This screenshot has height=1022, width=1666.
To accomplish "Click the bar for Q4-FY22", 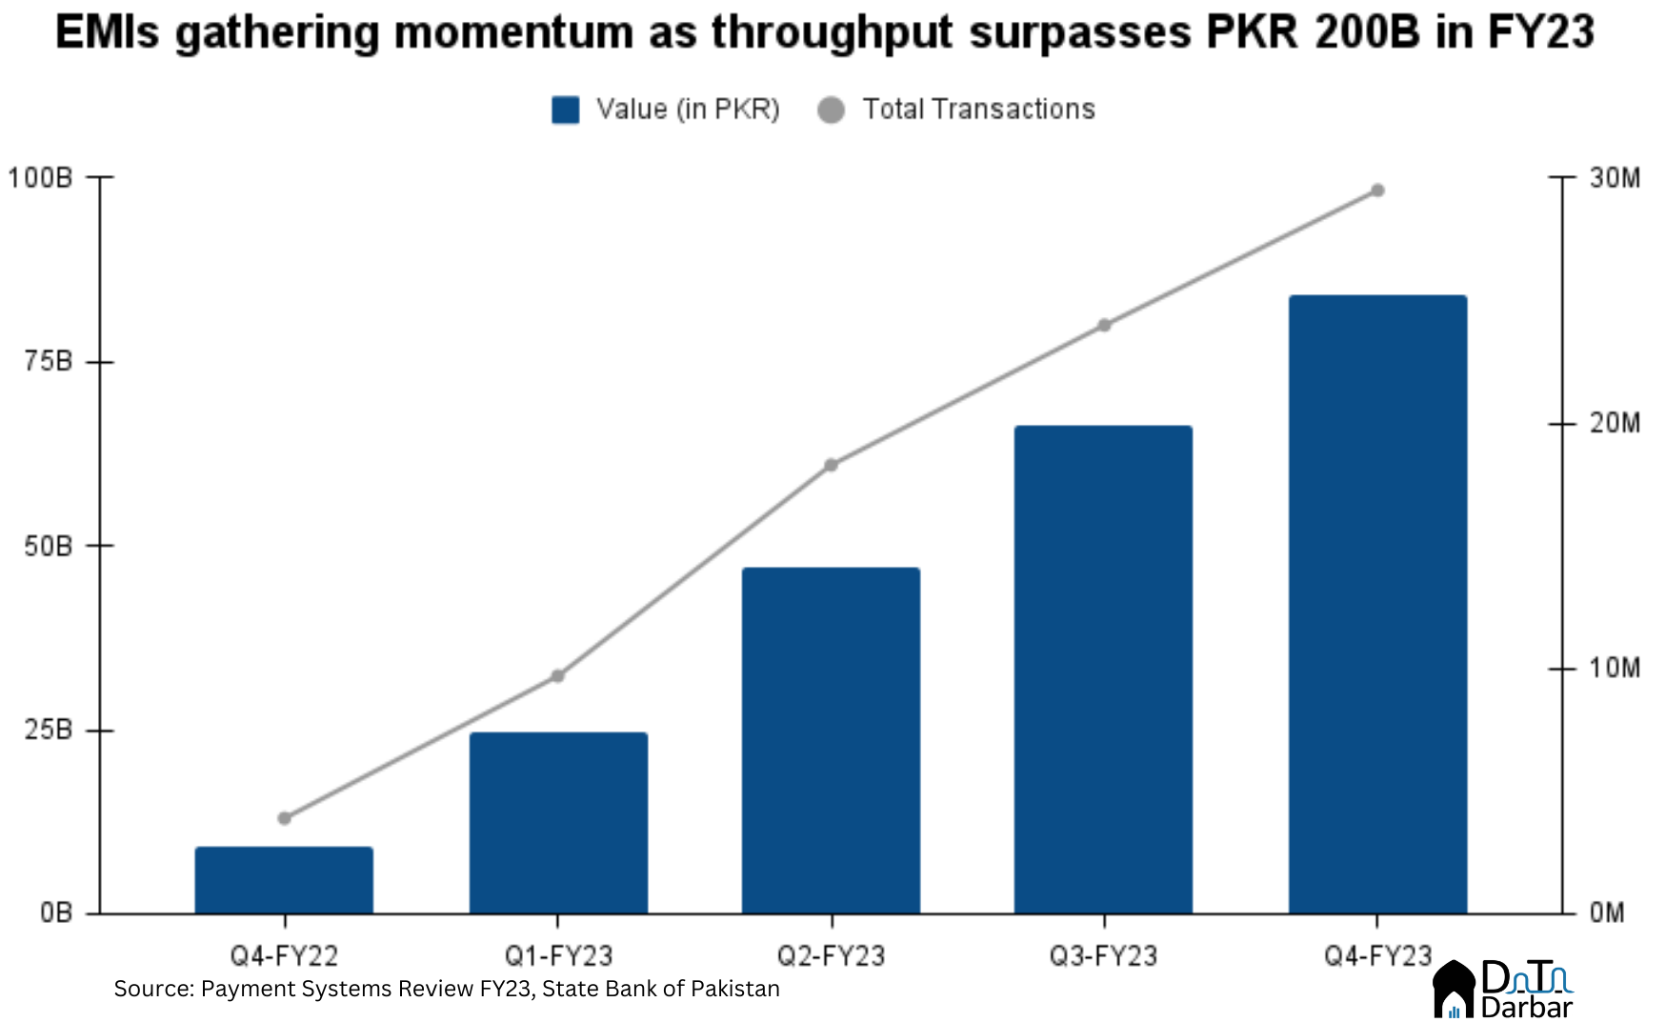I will tap(284, 880).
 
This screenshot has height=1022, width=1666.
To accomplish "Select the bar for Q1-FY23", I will tap(558, 823).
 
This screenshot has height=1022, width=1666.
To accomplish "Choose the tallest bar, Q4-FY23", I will tap(1377, 604).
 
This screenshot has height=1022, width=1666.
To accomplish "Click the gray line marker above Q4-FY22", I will tap(284, 818).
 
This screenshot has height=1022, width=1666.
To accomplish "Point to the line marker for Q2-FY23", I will tap(831, 465).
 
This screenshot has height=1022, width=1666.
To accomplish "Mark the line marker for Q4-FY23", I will tap(1377, 190).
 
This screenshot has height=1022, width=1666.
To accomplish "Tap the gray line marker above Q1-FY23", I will tap(558, 676).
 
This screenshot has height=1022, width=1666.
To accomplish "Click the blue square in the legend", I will tap(566, 110).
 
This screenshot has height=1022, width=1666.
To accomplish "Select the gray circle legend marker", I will tap(831, 110).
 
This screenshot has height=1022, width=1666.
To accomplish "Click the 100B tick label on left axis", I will tap(40, 178).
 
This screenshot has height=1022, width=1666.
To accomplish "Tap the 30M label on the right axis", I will tap(1615, 178).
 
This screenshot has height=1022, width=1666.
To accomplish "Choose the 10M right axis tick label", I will tap(1615, 669).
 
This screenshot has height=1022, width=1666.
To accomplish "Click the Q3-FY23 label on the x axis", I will tap(1103, 955).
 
